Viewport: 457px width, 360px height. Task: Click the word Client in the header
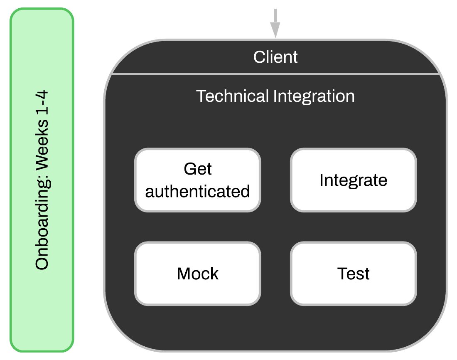coord(275,57)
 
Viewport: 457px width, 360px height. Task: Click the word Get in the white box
coord(198,169)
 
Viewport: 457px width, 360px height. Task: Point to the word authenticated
coord(198,191)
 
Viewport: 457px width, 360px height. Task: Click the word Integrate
coord(353,180)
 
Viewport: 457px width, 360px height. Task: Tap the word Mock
coord(198,274)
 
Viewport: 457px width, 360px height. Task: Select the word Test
coord(353,274)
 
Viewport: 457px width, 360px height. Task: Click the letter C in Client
coord(259,57)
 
